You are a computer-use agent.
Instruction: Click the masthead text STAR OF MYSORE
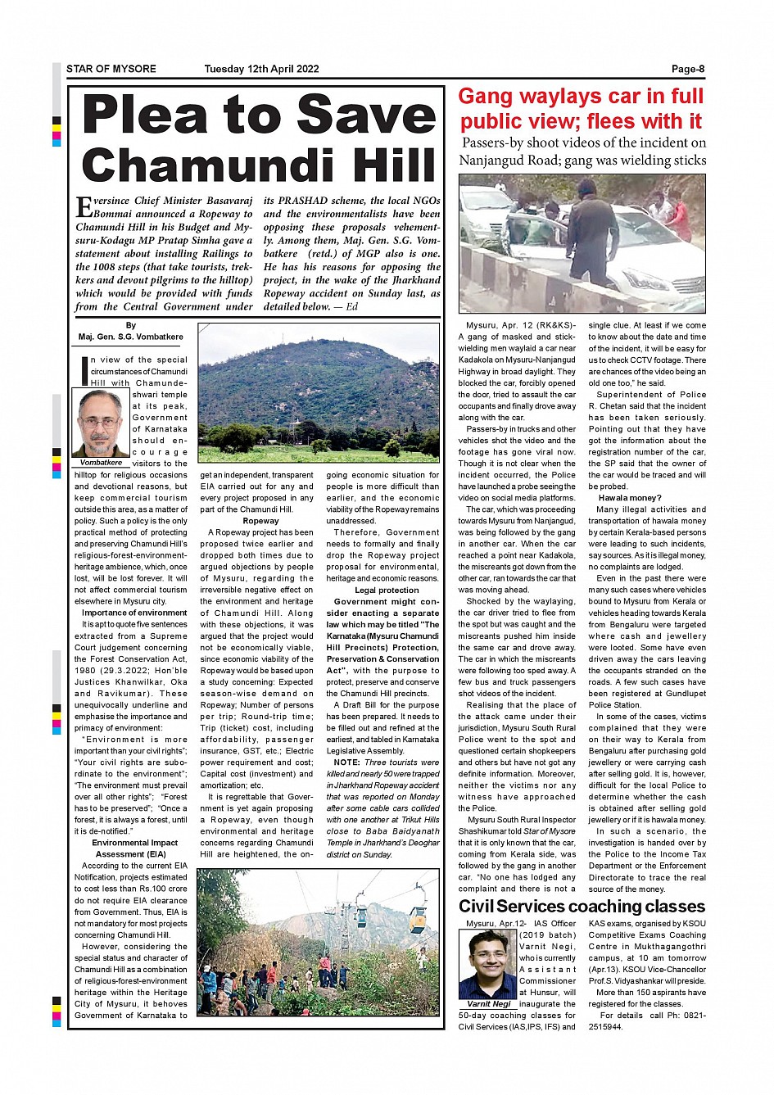(x=111, y=69)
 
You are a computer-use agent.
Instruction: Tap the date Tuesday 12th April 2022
(x=261, y=69)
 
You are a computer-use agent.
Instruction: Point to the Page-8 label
(x=688, y=69)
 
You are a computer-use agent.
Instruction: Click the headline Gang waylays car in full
(x=581, y=97)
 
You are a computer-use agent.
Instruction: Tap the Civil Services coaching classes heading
(x=582, y=907)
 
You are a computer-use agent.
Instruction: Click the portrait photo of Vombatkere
(x=101, y=423)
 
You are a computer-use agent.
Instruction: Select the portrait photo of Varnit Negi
(x=488, y=964)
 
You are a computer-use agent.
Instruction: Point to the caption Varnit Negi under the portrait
(x=488, y=1004)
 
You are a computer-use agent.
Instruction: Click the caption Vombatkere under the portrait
(x=101, y=463)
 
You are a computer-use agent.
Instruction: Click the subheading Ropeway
(x=260, y=521)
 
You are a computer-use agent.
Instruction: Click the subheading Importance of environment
(x=134, y=613)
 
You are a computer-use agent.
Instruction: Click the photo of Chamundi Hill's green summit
(x=319, y=394)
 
